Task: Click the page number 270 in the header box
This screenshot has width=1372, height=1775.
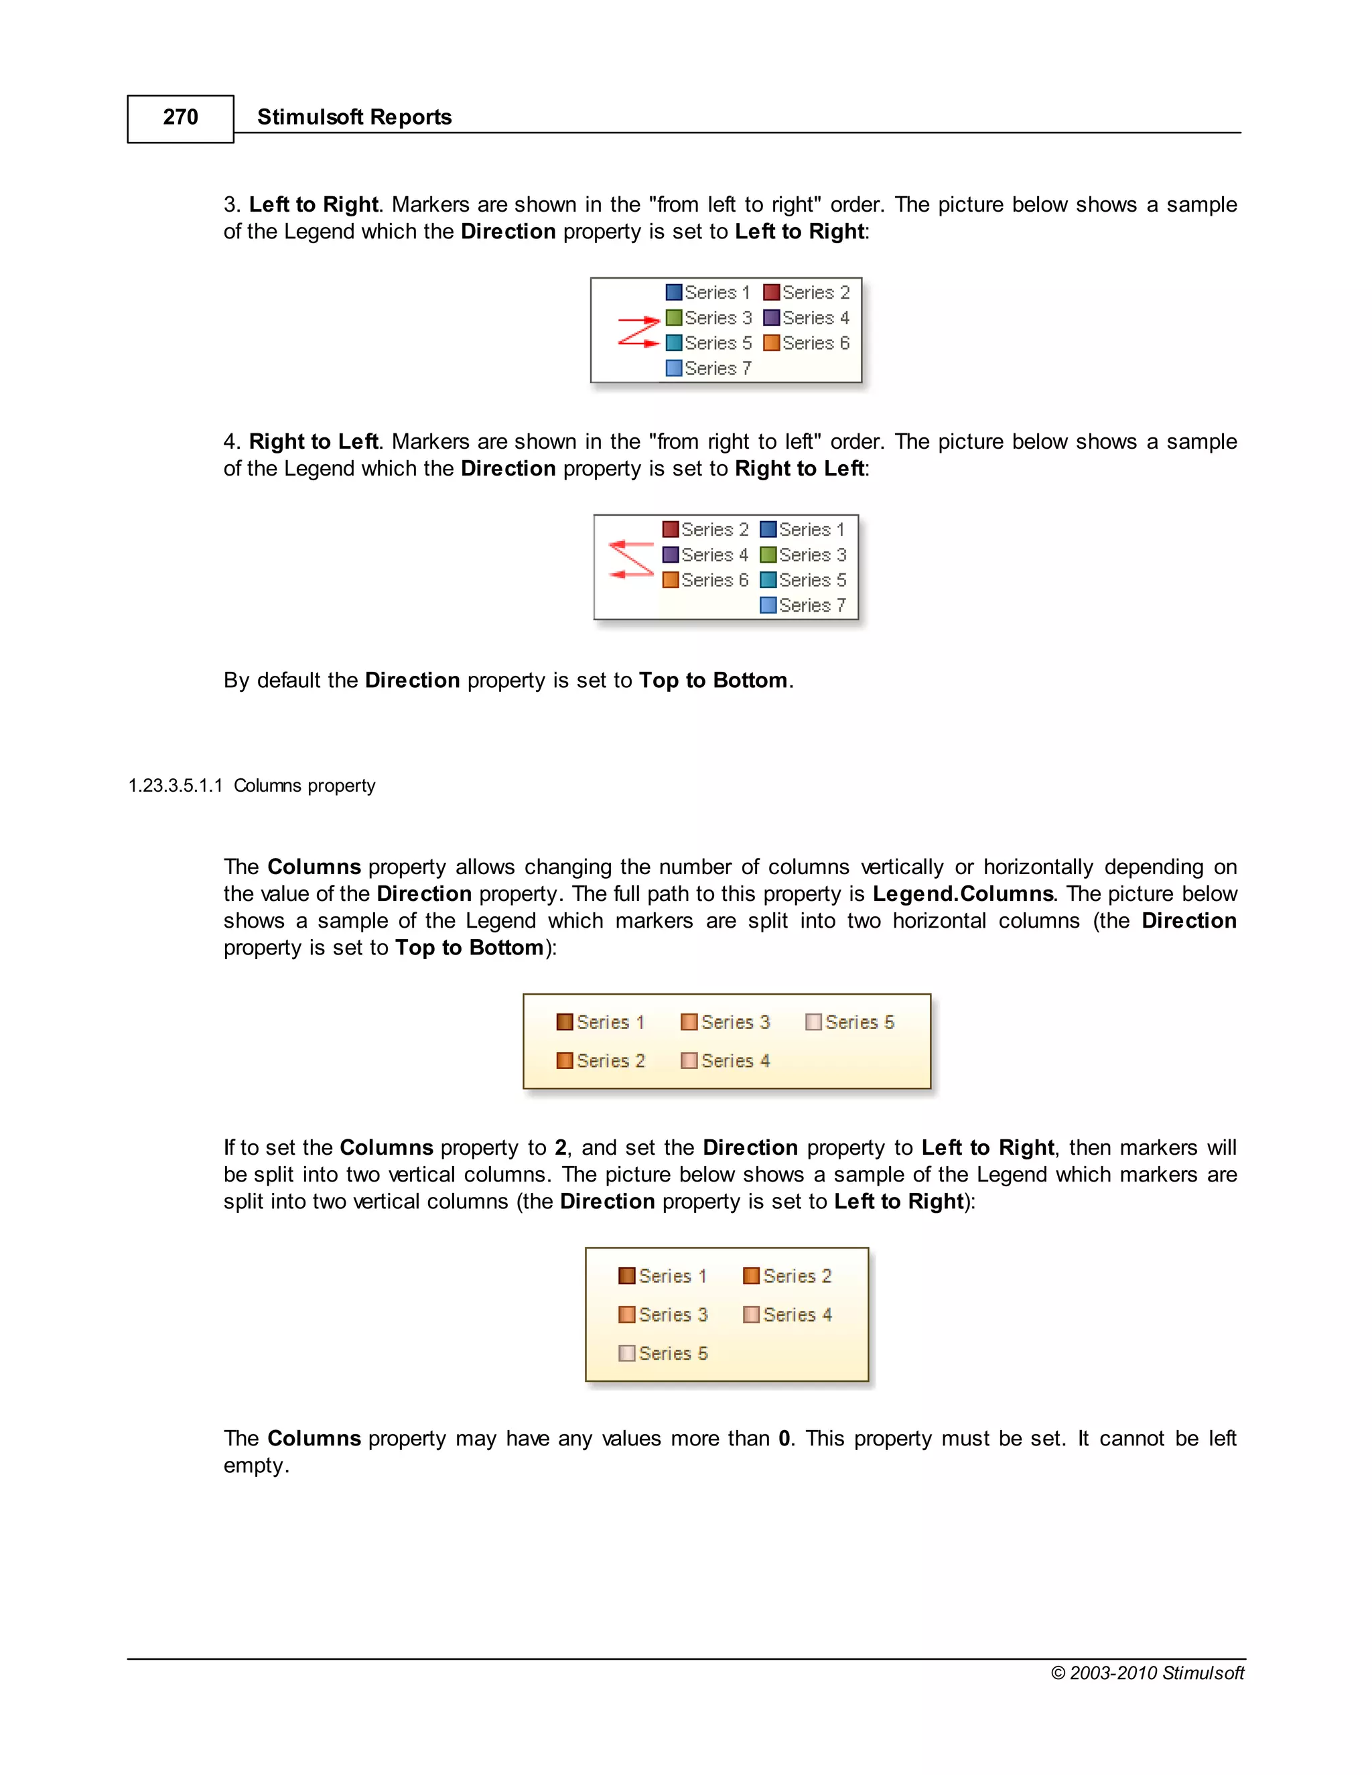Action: [x=180, y=118]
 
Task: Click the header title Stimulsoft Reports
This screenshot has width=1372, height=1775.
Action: [x=354, y=118]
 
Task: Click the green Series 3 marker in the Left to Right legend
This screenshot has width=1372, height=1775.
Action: [x=674, y=317]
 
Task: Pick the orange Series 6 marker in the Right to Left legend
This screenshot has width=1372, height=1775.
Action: [x=671, y=580]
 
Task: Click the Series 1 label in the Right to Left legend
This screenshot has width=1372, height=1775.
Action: [x=811, y=530]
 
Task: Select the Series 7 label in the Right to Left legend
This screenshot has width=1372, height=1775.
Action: [x=811, y=606]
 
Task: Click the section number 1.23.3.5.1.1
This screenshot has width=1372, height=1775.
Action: [x=175, y=786]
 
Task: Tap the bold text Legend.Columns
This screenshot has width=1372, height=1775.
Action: [x=963, y=894]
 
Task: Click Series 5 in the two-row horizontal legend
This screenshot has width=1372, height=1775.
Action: [x=859, y=1022]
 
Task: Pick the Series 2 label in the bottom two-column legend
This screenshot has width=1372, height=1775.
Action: [x=797, y=1277]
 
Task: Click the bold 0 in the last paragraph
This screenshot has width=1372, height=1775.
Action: [x=784, y=1439]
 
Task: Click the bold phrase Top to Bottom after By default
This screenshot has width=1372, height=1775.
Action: [x=713, y=681]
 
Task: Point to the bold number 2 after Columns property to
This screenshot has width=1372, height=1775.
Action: [x=560, y=1148]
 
